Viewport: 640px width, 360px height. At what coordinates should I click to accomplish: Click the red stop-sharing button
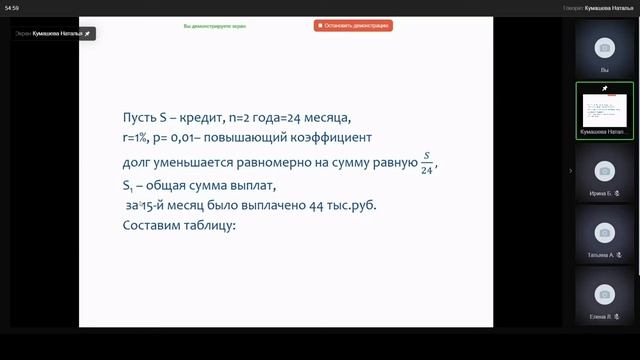pos(352,25)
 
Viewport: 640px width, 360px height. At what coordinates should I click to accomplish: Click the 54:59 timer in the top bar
pos(12,7)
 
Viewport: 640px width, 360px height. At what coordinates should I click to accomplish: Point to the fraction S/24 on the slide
pos(426,163)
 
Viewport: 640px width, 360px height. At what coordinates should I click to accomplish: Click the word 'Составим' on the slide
pos(147,225)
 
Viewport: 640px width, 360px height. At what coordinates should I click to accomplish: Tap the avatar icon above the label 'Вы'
pos(604,48)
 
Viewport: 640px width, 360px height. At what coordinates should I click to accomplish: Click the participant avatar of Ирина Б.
pos(604,170)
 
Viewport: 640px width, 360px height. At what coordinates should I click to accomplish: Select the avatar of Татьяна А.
pos(604,232)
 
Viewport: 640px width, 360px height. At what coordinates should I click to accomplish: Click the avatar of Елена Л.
pos(604,294)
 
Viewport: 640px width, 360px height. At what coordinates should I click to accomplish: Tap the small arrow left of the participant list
pos(570,171)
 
